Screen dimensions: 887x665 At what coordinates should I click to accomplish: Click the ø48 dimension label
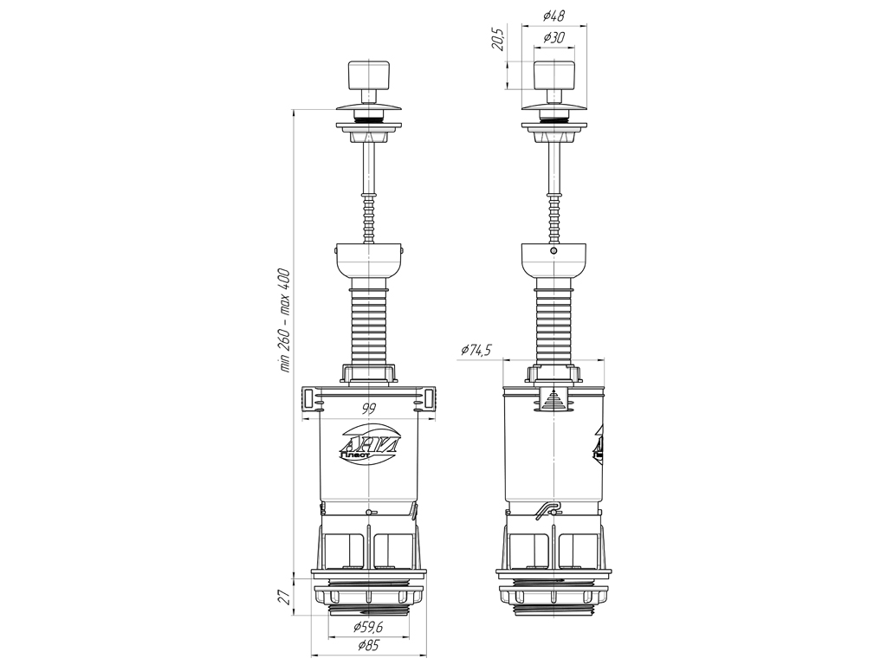click(x=554, y=16)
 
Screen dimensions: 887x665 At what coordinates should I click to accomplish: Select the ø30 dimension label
click(x=554, y=38)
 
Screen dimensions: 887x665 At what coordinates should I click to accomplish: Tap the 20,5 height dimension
click(x=498, y=38)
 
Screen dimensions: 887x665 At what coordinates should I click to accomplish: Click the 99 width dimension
click(x=369, y=410)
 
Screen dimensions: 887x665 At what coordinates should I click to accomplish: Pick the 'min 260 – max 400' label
click(x=286, y=320)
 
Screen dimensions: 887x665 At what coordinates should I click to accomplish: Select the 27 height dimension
click(x=286, y=597)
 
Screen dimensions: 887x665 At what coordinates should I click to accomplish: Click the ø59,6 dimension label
click(x=368, y=627)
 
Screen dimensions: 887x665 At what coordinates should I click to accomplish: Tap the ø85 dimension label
click(x=368, y=645)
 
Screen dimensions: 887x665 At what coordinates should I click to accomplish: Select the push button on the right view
click(x=554, y=74)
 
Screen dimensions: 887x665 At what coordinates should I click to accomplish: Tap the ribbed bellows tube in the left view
click(x=369, y=326)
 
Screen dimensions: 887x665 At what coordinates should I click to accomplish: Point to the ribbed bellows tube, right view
click(x=554, y=326)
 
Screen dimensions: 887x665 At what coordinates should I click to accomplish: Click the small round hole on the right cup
click(x=554, y=250)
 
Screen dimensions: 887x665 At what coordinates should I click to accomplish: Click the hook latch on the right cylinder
click(x=546, y=510)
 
